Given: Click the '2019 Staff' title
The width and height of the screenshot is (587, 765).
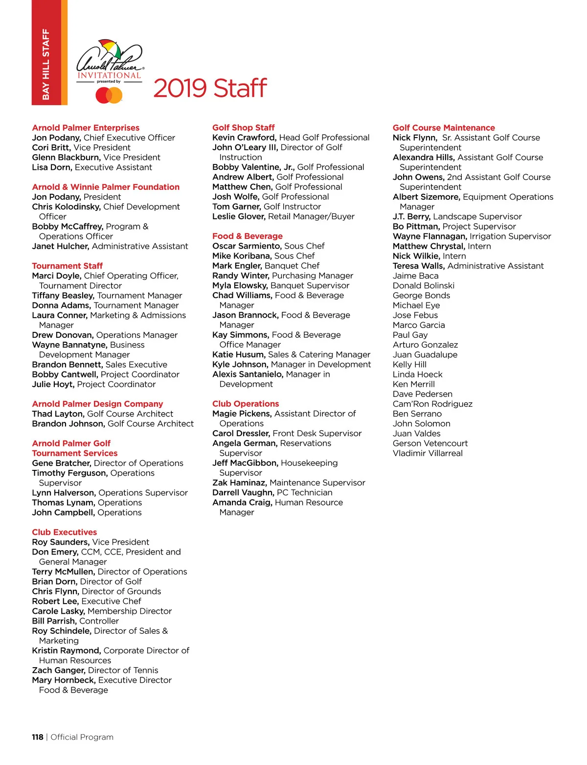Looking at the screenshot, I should (210, 89).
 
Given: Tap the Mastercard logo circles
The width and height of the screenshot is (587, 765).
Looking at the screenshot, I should (109, 95).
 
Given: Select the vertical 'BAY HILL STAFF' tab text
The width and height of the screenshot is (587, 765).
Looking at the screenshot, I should (46, 64).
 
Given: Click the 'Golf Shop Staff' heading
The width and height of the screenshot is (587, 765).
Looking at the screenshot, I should (243, 128).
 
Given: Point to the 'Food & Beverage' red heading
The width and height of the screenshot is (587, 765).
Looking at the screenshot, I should (247, 236).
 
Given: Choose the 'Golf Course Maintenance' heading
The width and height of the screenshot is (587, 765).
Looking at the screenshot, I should (444, 128).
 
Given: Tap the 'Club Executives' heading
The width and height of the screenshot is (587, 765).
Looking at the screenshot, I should (64, 532).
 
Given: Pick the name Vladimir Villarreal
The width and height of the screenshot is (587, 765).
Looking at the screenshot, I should (428, 453).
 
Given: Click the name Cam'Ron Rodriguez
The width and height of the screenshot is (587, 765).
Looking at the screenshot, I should (432, 404).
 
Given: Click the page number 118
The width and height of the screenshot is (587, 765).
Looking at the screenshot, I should (38, 737).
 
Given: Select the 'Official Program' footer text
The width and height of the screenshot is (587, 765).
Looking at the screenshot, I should (82, 737).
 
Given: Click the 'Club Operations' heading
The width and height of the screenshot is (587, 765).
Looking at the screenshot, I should (245, 404).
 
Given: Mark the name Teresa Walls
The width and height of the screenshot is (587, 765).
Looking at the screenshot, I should (418, 266).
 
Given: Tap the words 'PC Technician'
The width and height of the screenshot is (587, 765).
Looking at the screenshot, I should (304, 492).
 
